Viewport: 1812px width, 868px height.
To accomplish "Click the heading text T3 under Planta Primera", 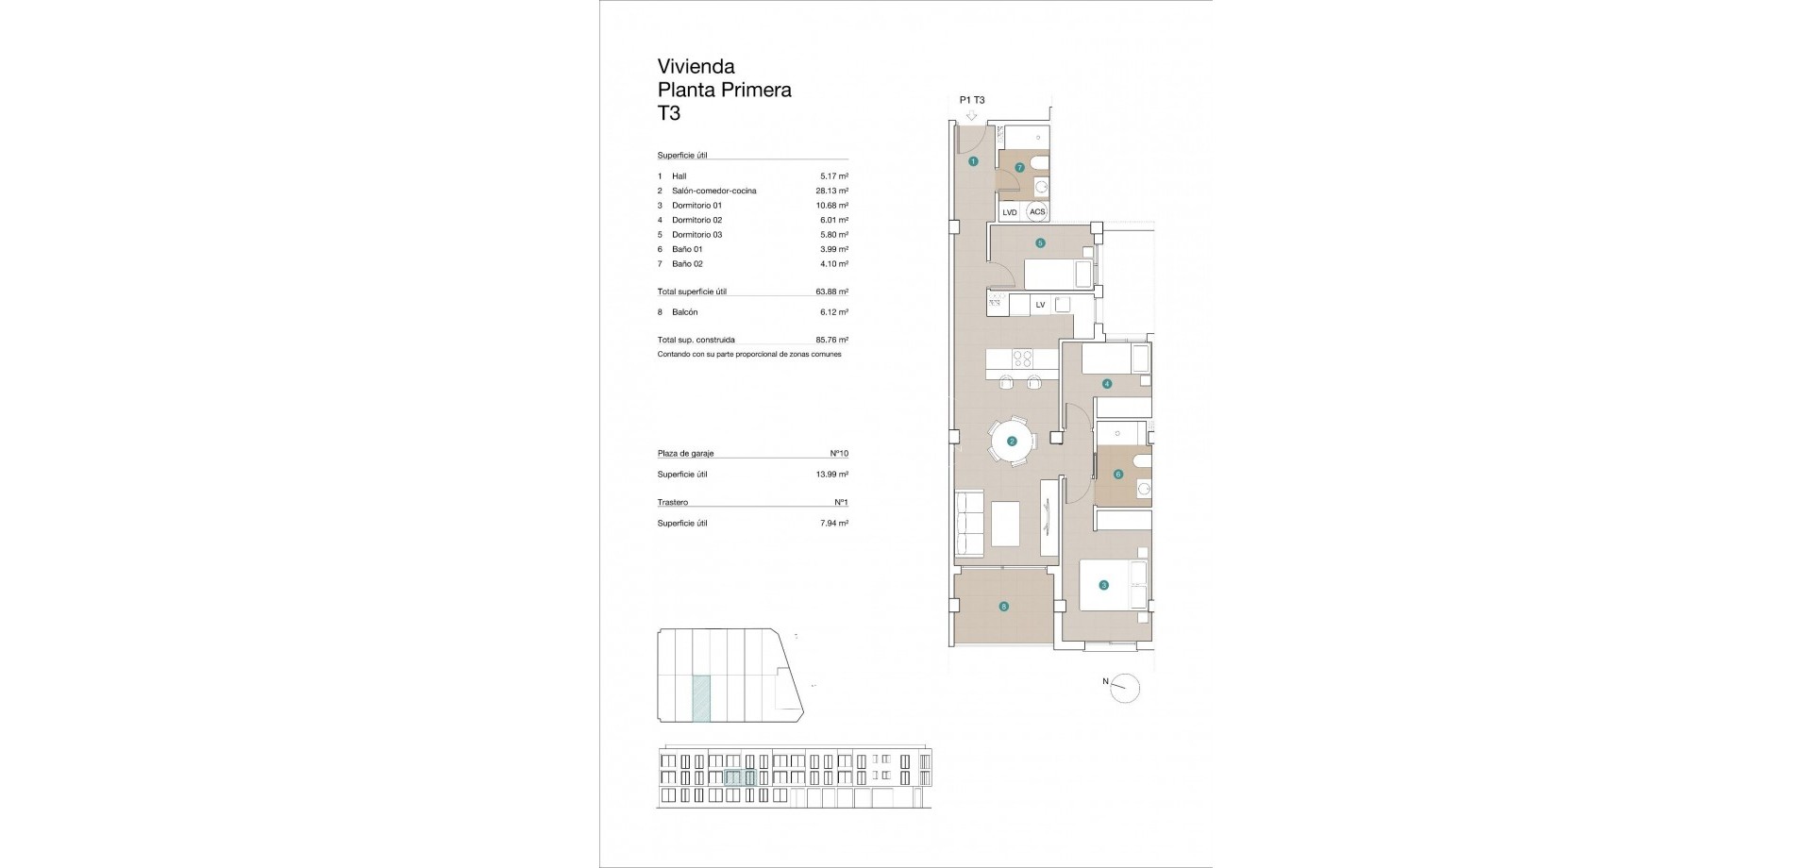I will pos(668,114).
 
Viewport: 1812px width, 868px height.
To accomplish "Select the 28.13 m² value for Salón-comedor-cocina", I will pos(831,191).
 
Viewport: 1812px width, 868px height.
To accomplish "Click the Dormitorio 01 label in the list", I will pos(696,206).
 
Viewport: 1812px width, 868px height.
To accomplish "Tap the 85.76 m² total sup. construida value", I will pos(831,340).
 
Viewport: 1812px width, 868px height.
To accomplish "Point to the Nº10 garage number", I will pos(838,454).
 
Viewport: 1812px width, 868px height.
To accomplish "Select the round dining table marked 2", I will pos(1012,441).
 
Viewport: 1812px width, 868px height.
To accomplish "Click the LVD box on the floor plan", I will pos(1010,212).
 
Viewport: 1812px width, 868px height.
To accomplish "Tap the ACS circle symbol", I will pos(1037,212).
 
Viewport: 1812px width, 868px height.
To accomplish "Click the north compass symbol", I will pos(1125,688).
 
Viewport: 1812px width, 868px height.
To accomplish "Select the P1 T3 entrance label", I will pos(971,100).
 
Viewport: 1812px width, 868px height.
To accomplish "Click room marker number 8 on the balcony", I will pos(1004,607).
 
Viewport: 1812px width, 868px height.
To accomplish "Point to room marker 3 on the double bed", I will pos(1103,585).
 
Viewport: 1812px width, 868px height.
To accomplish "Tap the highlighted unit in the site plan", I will pos(701,698).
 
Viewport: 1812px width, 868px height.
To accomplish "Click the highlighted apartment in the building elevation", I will pos(740,777).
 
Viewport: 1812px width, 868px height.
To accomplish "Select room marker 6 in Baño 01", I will pos(1118,474).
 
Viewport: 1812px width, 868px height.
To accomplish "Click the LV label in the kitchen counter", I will pos(1040,305).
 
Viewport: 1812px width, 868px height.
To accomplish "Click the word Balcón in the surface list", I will pos(684,312).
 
